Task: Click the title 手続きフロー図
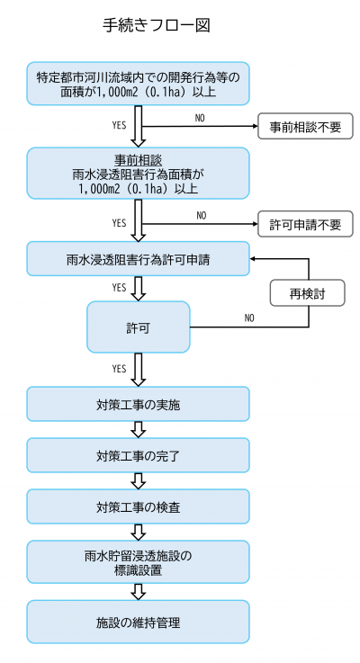tap(157, 25)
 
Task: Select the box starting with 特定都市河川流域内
tap(138, 84)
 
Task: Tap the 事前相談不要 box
tap(305, 127)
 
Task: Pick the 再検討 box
tap(309, 294)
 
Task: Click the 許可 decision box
tap(138, 327)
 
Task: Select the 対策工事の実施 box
tap(138, 404)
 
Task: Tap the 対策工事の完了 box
tap(138, 455)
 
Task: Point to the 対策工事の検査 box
tap(138, 506)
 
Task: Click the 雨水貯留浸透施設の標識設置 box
tap(138, 562)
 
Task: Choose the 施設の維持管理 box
tap(138, 622)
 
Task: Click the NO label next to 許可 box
tap(249, 318)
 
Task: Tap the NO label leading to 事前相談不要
tap(201, 118)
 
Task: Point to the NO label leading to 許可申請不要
tap(201, 215)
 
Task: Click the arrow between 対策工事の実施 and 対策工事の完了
tap(138, 430)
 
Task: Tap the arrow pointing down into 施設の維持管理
tap(138, 592)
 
